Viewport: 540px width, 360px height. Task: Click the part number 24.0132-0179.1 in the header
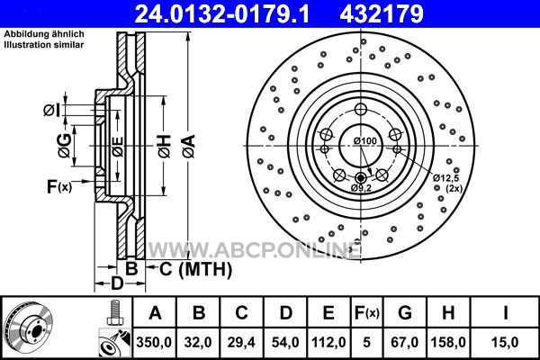221,13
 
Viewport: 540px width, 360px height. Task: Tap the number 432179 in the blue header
382,13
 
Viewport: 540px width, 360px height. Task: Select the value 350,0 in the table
154,342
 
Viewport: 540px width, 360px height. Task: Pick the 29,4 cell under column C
241,342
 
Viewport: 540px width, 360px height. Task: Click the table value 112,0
328,342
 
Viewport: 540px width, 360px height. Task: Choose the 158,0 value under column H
448,342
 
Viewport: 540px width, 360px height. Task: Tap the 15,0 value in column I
505,342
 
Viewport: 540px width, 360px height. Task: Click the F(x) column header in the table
367,313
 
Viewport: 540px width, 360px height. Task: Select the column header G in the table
405,313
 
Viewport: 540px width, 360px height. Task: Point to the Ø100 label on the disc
365,141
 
